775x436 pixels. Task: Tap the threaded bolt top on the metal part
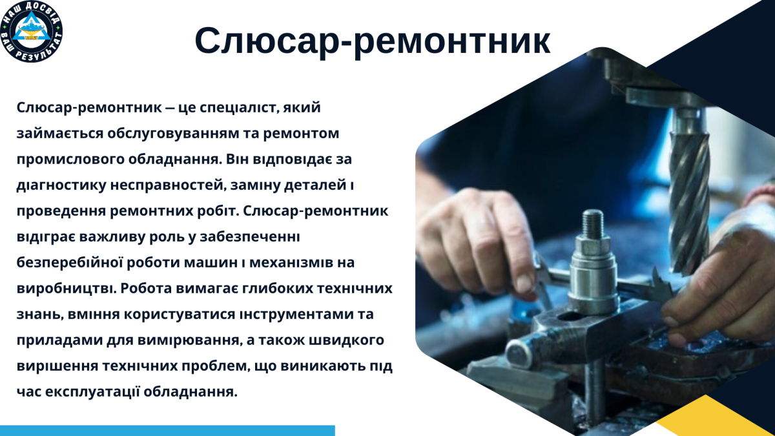pos(592,223)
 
